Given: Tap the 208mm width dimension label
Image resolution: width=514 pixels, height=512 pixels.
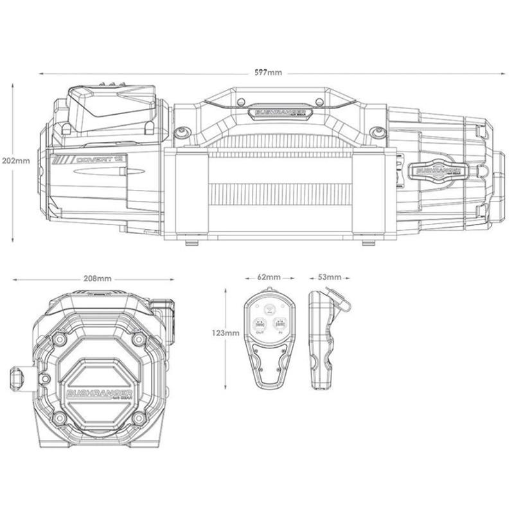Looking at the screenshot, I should click(98, 279).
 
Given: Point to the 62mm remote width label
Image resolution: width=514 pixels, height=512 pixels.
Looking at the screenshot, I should click(269, 277).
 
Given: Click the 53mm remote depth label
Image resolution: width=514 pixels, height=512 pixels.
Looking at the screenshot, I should click(330, 277).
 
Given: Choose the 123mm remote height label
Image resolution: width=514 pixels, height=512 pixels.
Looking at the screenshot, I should click(225, 333).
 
